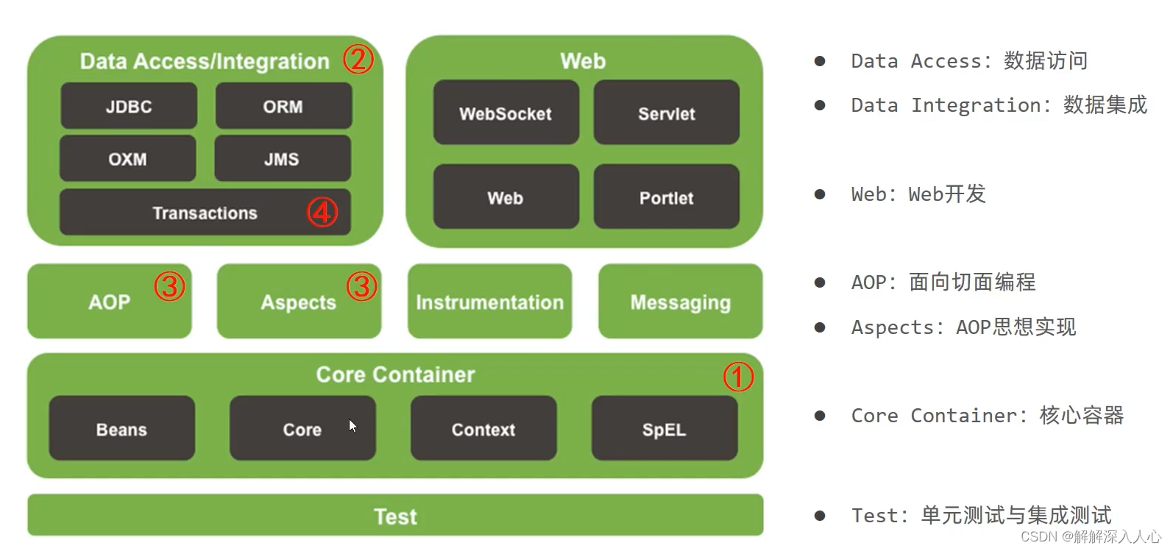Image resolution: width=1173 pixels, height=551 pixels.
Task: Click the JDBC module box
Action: (x=129, y=107)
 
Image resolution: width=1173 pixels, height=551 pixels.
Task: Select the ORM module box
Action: (x=283, y=107)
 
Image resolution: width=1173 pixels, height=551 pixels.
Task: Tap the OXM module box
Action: (x=128, y=159)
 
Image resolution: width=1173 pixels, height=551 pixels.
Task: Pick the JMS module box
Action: (x=283, y=159)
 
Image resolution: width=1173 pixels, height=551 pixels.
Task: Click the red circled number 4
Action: (x=322, y=213)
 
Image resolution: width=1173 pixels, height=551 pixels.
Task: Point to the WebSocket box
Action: (x=506, y=113)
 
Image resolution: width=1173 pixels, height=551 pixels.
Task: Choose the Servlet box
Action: (x=666, y=113)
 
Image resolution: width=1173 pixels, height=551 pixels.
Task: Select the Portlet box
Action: (x=666, y=197)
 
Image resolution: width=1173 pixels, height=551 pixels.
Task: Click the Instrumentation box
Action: (x=489, y=302)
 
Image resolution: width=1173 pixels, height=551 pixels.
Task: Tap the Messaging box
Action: (x=680, y=302)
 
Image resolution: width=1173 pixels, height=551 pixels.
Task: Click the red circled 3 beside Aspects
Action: (x=361, y=286)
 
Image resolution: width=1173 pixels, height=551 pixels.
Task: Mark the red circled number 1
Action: (x=738, y=377)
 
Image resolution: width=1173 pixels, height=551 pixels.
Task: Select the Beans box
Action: (x=122, y=429)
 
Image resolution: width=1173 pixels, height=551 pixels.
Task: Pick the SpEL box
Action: (x=664, y=429)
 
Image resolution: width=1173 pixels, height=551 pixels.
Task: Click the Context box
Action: (x=483, y=429)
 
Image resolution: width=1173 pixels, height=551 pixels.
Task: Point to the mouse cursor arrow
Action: (x=352, y=425)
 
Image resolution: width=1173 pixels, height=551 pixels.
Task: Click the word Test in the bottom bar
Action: (x=395, y=516)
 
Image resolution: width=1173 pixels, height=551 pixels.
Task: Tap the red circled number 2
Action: (x=358, y=59)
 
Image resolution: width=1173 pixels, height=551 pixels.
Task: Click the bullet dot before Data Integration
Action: (x=820, y=105)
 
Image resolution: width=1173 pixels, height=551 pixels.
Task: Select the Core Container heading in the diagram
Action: (x=395, y=374)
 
